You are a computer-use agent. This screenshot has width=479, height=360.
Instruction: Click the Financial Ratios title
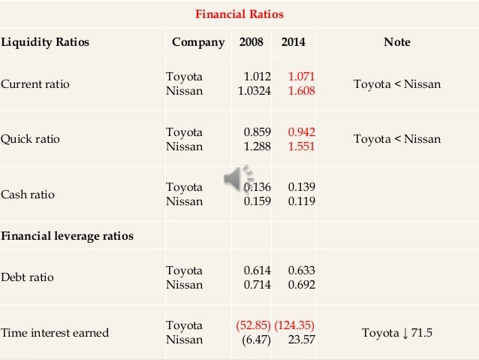coord(239,14)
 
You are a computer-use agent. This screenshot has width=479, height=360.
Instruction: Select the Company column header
coord(198,42)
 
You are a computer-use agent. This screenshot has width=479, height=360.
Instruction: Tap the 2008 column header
coord(251,42)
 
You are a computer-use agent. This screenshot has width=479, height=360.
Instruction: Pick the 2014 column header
coord(293,42)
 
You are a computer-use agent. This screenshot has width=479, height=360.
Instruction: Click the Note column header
coord(396,42)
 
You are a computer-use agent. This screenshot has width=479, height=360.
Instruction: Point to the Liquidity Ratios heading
coord(44,42)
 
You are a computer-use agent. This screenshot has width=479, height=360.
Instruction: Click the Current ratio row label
coord(35,83)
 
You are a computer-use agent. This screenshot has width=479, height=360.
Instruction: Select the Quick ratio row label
coord(30,139)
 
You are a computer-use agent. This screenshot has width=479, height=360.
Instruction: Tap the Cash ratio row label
coord(28,195)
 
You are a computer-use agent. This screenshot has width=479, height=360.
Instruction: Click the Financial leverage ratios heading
coord(67,236)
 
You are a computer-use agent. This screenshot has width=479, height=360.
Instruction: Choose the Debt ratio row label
coord(27,277)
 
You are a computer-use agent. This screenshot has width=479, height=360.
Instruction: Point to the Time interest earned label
coord(54,333)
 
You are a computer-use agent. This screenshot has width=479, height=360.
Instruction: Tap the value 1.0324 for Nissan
coord(253,90)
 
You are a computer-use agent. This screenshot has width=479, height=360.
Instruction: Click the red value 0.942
coord(300,132)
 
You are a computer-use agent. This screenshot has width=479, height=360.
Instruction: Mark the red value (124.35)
coord(294,325)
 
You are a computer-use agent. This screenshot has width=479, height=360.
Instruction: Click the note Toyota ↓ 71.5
coord(396,333)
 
